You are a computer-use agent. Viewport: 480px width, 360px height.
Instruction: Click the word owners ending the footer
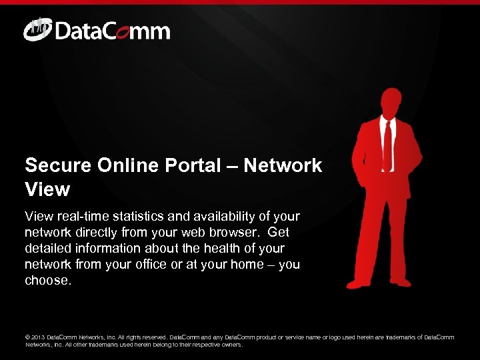(231, 345)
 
